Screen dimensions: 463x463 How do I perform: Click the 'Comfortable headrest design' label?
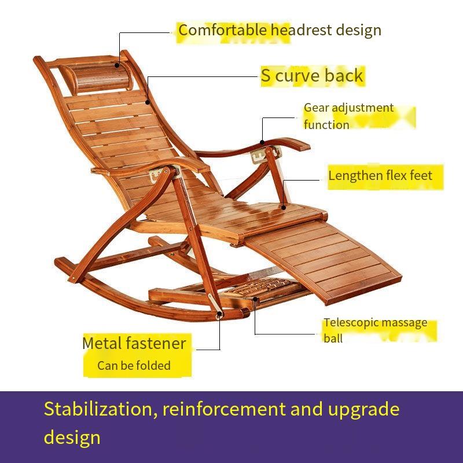point(280,30)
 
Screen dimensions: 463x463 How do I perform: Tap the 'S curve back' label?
point(312,76)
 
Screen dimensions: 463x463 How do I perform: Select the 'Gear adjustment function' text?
point(348,116)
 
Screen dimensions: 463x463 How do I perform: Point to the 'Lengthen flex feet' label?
point(380,175)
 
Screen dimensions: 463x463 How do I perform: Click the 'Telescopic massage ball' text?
point(375,330)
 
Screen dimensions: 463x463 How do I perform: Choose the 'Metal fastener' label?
point(134,343)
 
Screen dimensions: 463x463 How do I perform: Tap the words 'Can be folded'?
point(134,365)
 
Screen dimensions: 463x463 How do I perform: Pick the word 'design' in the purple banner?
point(72,436)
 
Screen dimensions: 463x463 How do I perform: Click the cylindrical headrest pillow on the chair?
point(93,75)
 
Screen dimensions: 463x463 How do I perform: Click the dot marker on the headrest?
point(123,53)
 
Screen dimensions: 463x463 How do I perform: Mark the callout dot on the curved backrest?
point(148,103)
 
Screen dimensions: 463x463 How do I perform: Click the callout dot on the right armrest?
point(262,142)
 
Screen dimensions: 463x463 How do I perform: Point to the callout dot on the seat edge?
point(284,206)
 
